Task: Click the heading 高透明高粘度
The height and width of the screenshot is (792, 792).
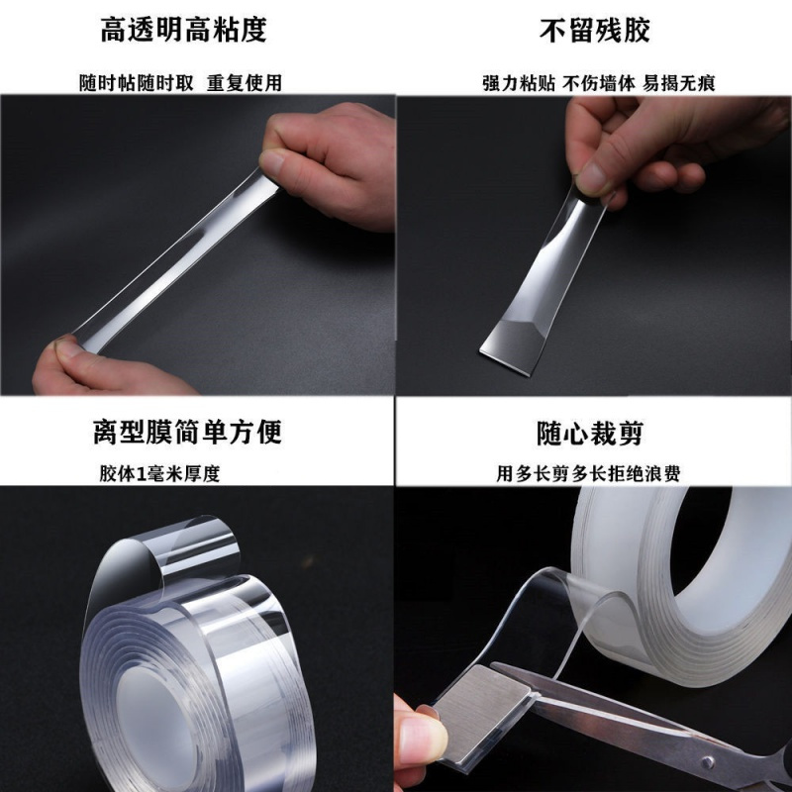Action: click(183, 31)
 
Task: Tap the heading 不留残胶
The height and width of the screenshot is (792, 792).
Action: click(594, 31)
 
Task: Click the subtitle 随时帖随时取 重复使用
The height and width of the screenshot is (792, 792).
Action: click(180, 83)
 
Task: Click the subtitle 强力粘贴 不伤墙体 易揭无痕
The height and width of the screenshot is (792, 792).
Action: click(593, 83)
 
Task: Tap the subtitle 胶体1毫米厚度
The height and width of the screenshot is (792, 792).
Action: click(159, 473)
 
